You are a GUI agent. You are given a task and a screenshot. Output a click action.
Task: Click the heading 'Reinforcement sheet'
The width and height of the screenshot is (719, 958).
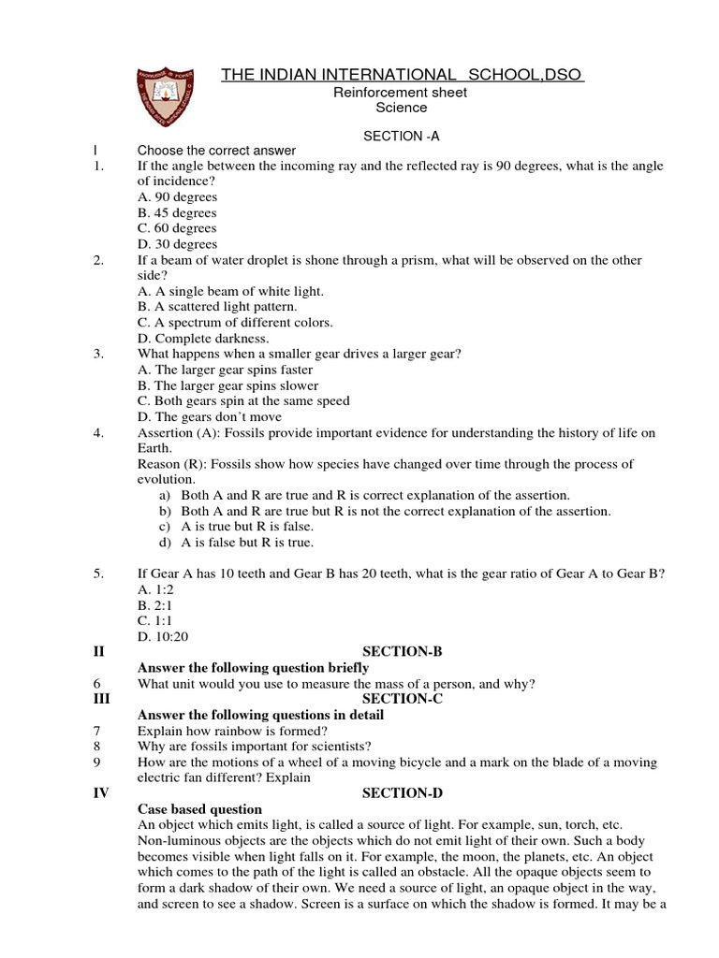[x=401, y=93]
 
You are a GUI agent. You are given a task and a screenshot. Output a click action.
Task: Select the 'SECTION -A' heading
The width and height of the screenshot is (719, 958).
[x=402, y=136]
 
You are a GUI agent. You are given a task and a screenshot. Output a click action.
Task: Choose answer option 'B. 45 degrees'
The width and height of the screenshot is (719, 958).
[x=177, y=212]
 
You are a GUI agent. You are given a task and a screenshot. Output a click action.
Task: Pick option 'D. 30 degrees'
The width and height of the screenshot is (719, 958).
[x=177, y=244]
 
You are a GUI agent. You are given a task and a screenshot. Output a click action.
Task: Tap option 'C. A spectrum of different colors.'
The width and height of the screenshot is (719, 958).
[x=235, y=323]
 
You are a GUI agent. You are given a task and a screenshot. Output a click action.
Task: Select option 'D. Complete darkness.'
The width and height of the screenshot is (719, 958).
[x=203, y=338]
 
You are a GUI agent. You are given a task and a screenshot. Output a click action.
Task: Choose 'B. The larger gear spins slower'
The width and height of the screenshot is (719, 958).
[x=227, y=385]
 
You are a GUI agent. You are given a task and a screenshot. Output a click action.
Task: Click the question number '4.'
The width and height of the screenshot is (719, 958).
[x=98, y=432]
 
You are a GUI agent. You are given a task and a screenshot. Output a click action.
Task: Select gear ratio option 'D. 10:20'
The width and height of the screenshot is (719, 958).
[x=161, y=636]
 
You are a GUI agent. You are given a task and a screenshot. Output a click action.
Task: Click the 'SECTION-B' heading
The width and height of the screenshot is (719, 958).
[x=401, y=652]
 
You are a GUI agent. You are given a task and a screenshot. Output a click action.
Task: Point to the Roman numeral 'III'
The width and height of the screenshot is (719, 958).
[x=101, y=699]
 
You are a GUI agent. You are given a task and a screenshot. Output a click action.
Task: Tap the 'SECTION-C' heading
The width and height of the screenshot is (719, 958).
[x=401, y=699]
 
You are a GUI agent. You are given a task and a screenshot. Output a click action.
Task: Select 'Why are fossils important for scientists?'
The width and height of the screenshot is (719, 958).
[x=254, y=747]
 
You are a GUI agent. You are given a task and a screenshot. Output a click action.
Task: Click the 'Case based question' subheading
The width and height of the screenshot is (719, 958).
[x=199, y=809]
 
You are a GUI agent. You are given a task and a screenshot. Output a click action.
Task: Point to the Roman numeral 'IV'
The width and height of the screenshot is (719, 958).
[x=101, y=793]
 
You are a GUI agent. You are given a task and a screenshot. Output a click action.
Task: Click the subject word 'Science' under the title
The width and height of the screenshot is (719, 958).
[x=401, y=108]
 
